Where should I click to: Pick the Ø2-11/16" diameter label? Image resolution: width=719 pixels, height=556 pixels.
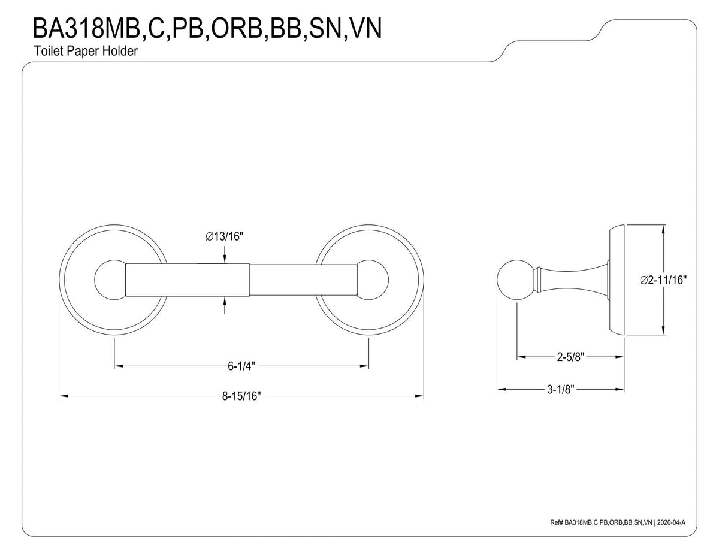(663, 279)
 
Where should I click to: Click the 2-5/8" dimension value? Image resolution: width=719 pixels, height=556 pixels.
(567, 357)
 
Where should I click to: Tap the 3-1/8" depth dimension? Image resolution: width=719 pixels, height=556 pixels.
(561, 390)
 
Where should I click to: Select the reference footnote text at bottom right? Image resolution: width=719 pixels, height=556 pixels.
(617, 523)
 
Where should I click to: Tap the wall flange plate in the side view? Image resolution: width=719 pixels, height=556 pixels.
(618, 280)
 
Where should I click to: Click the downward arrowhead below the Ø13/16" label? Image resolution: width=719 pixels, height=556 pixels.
(225, 258)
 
